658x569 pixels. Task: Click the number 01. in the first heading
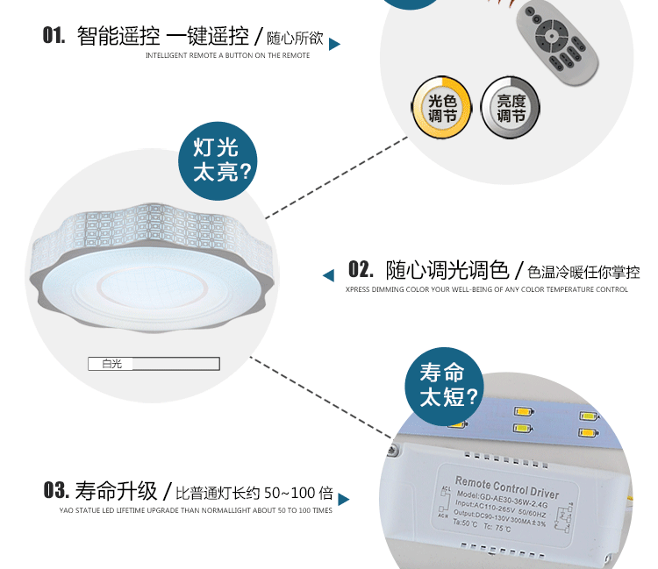54,36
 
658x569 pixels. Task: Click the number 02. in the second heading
361,269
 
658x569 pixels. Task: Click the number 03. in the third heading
56,490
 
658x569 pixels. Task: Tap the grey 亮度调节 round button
511,109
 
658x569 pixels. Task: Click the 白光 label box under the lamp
112,364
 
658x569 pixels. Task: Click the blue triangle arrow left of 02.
329,275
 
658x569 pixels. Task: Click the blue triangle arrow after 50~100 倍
344,499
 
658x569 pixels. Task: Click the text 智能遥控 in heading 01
118,37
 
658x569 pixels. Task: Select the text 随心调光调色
447,269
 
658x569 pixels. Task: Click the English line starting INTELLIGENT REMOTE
227,55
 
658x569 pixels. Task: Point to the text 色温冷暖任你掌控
583,272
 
